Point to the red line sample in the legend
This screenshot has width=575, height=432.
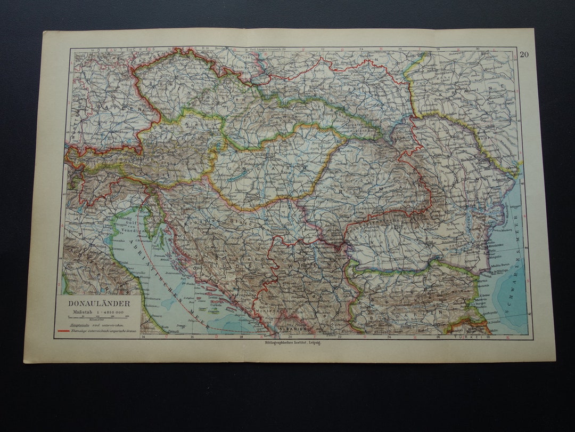tap(62, 331)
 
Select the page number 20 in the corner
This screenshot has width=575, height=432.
tap(524, 54)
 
